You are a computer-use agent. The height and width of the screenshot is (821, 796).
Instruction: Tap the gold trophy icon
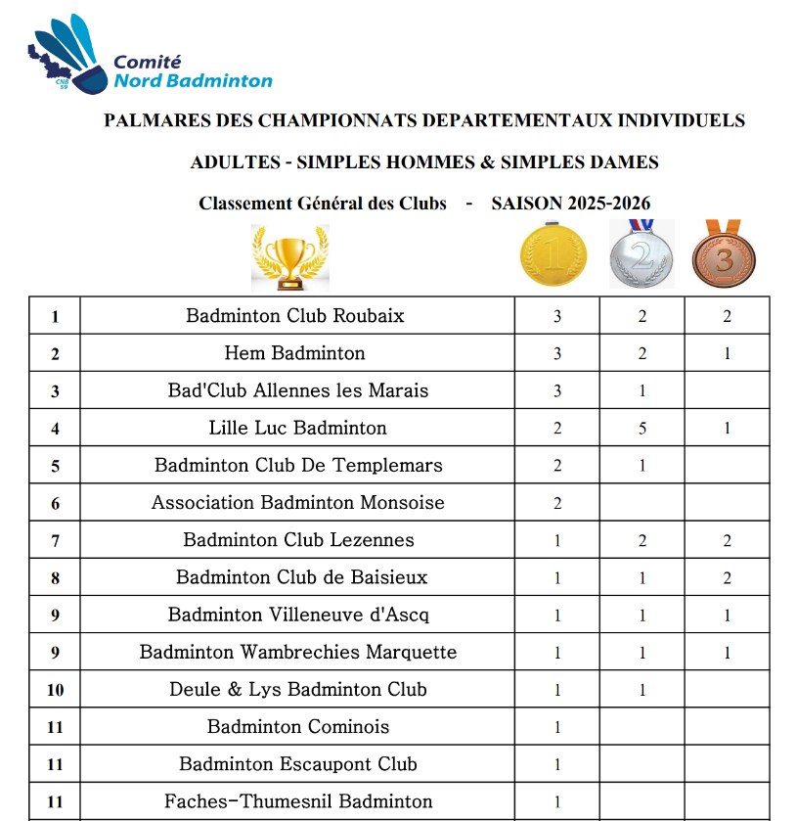pyautogui.click(x=289, y=257)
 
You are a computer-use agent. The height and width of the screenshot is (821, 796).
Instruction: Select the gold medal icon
pyautogui.click(x=554, y=254)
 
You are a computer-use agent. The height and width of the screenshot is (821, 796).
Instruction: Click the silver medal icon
pyautogui.click(x=641, y=254)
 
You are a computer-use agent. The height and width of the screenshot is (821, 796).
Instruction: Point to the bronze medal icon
pyautogui.click(x=724, y=254)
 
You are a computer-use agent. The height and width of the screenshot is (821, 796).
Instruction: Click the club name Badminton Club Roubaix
pyautogui.click(x=295, y=316)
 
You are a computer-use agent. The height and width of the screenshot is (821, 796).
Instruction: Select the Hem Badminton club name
pyautogui.click(x=295, y=353)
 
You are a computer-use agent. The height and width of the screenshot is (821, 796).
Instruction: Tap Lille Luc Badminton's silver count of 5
pyautogui.click(x=642, y=428)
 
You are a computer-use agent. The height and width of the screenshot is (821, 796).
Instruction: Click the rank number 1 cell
pyautogui.click(x=55, y=316)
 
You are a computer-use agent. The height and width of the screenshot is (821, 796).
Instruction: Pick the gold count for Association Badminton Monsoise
pyautogui.click(x=557, y=503)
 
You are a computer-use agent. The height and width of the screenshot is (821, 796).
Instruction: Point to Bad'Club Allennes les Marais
pyautogui.click(x=298, y=390)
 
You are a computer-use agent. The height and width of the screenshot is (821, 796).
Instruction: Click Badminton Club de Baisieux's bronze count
pyautogui.click(x=727, y=578)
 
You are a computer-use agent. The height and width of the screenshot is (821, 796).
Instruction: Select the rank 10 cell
pyautogui.click(x=55, y=690)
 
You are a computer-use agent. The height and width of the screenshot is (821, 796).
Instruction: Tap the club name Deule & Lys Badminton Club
pyautogui.click(x=298, y=690)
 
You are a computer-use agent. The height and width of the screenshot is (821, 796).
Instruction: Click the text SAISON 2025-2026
pyautogui.click(x=570, y=204)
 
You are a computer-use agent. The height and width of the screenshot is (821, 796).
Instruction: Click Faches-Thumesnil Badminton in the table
pyautogui.click(x=298, y=801)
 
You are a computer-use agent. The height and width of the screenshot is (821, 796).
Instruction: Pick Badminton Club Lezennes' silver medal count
pyautogui.click(x=642, y=540)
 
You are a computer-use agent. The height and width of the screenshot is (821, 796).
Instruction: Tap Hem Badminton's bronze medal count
pyautogui.click(x=727, y=353)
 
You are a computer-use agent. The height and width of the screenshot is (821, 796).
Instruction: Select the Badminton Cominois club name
pyautogui.click(x=298, y=727)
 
